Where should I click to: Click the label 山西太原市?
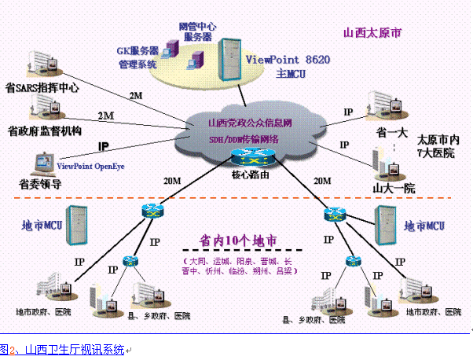click(x=372, y=34)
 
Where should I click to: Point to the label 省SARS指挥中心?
click(x=42, y=88)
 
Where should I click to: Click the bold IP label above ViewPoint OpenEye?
click(x=104, y=147)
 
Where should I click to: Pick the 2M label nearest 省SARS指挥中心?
click(x=135, y=95)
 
